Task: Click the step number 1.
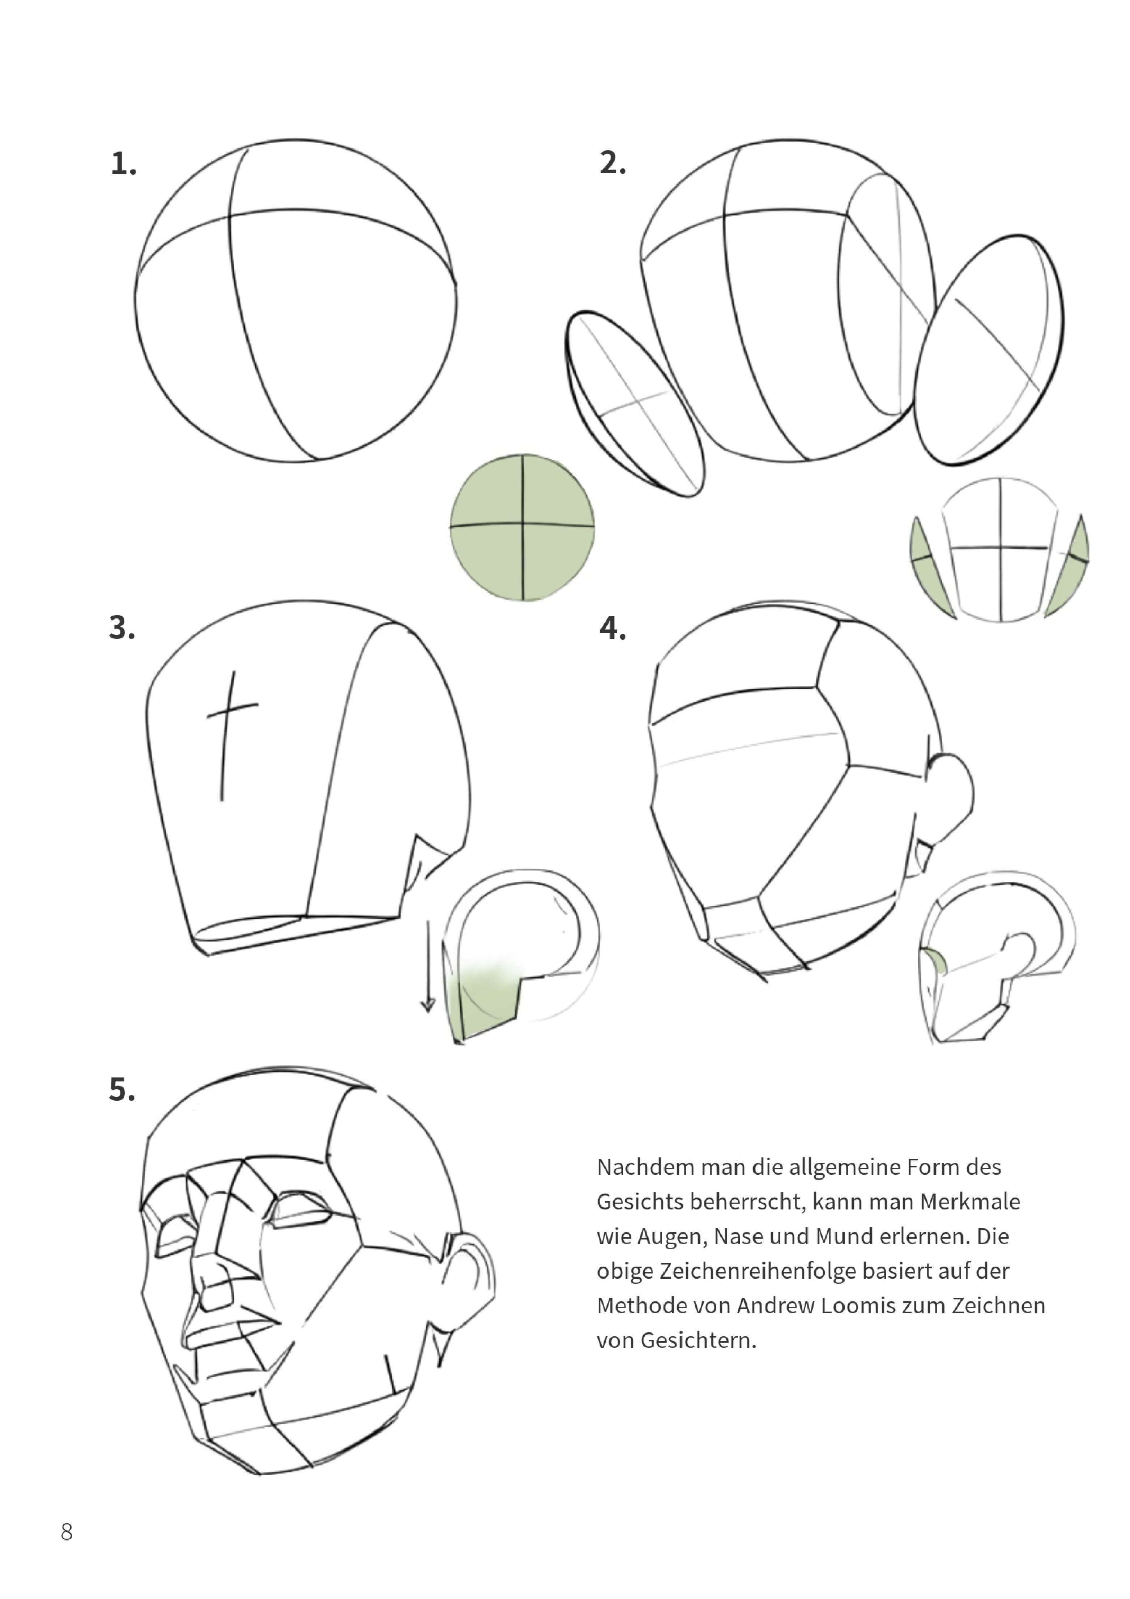pos(123,163)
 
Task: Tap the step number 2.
pos(613,163)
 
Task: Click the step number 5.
pos(122,1090)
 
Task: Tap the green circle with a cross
pos(522,527)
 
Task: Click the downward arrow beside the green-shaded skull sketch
pos(427,967)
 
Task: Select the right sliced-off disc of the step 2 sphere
pos(989,350)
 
